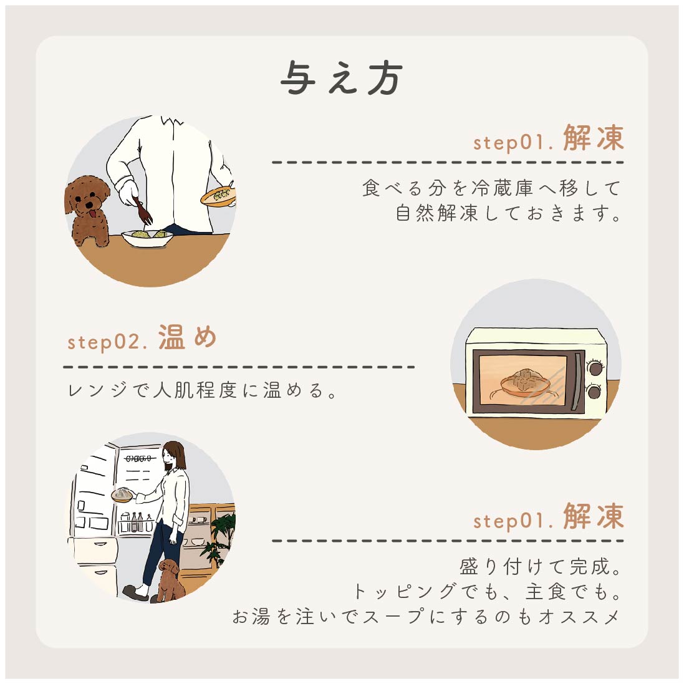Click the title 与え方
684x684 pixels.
[x=342, y=78]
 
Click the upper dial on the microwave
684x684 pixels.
[x=595, y=368]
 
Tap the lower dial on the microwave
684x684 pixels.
[x=595, y=392]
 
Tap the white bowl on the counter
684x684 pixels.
[x=147, y=238]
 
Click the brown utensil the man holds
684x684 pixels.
[x=142, y=210]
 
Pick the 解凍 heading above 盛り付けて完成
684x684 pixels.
[x=593, y=517]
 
